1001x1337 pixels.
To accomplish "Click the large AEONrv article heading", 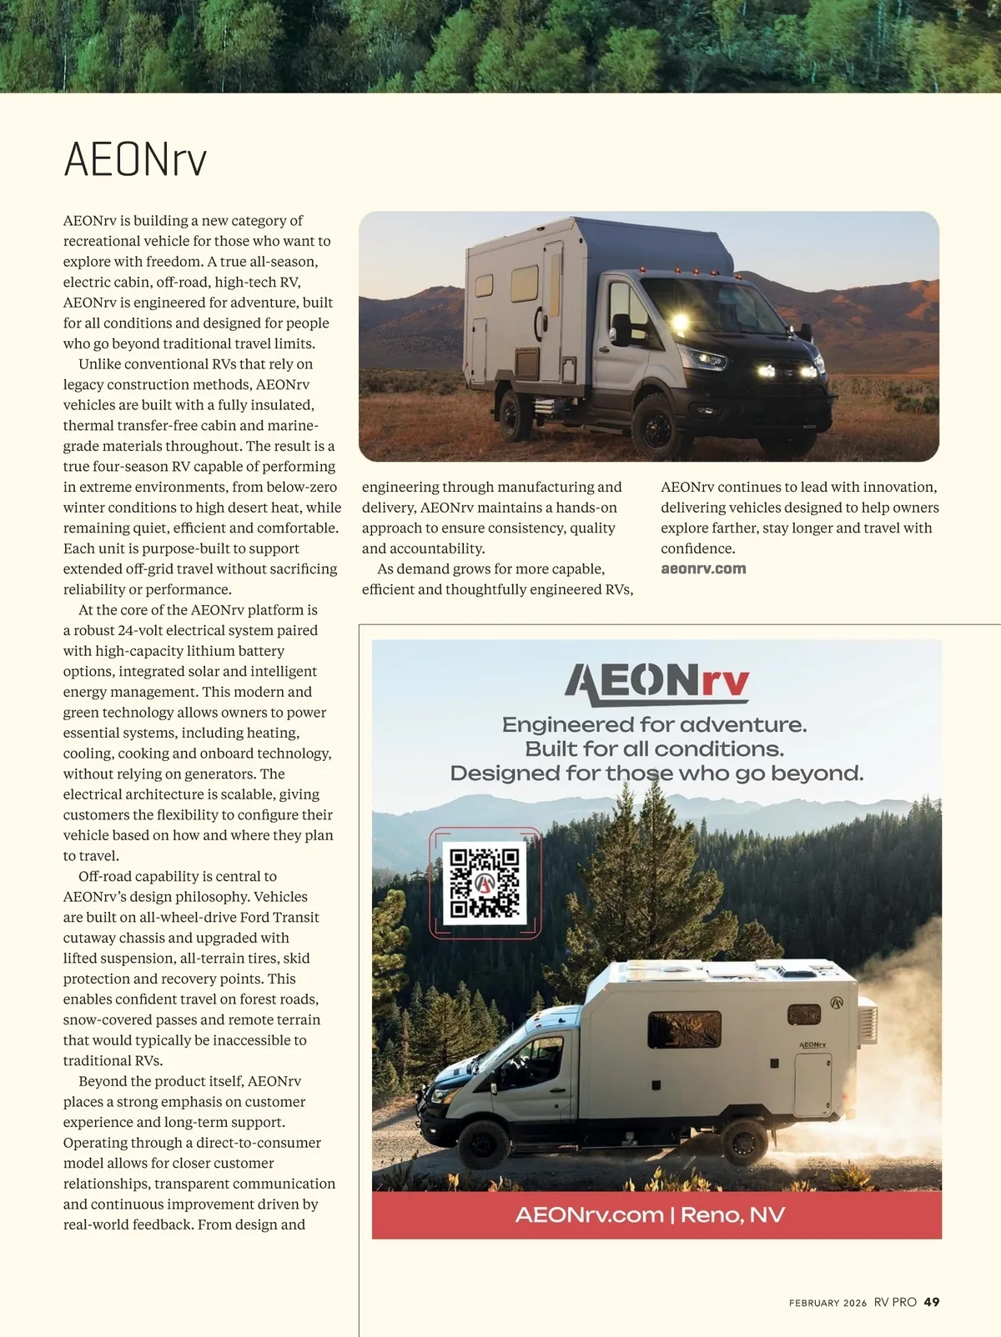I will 135,159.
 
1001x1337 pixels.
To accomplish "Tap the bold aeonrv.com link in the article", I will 703,568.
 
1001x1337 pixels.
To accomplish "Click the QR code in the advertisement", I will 485,882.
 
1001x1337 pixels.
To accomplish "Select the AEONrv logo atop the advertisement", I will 656,683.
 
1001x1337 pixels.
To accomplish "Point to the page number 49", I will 932,1302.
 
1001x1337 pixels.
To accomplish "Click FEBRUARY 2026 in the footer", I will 827,1303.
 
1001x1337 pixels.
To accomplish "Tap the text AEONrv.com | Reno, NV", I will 650,1214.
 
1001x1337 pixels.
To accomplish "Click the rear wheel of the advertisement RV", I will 743,1139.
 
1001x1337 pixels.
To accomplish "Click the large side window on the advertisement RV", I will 684,1029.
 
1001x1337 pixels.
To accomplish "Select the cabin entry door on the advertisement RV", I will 812,1084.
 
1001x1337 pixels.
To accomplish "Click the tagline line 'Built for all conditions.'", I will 654,749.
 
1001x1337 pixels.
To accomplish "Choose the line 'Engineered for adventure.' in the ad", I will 654,724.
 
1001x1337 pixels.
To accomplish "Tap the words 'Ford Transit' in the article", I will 279,917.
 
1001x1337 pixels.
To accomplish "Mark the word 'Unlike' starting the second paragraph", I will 98,363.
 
